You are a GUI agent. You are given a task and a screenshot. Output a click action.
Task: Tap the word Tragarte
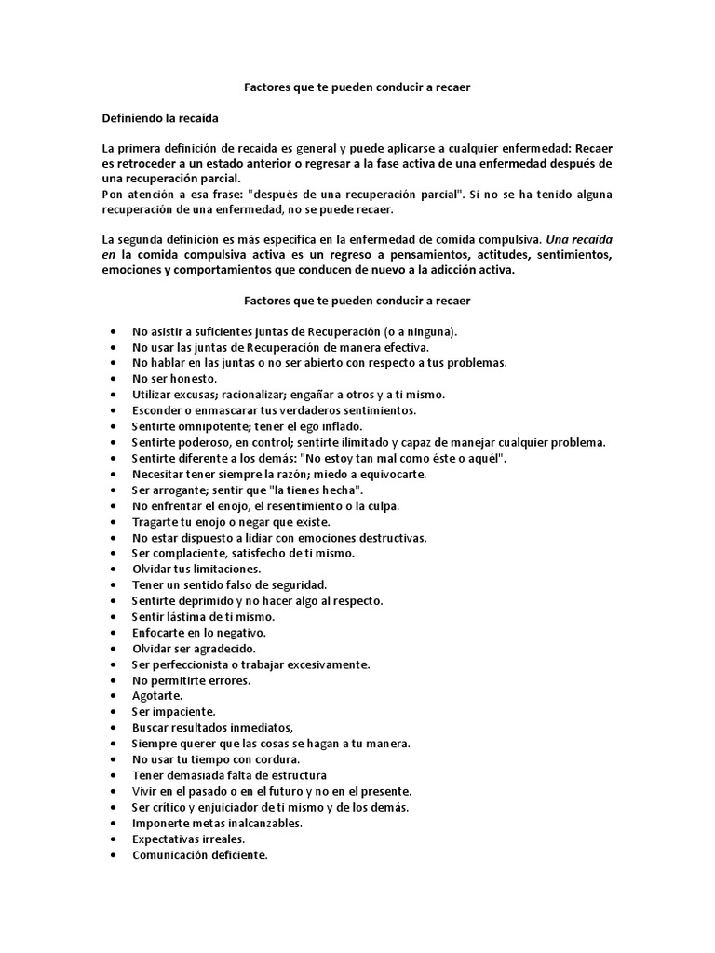(155, 521)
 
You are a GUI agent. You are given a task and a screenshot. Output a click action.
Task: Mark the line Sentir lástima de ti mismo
(204, 616)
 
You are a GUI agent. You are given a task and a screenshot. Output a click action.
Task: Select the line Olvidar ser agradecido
(194, 648)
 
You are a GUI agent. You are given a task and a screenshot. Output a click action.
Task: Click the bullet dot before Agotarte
(113, 696)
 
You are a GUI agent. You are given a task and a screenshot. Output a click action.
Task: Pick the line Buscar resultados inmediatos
(212, 728)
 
